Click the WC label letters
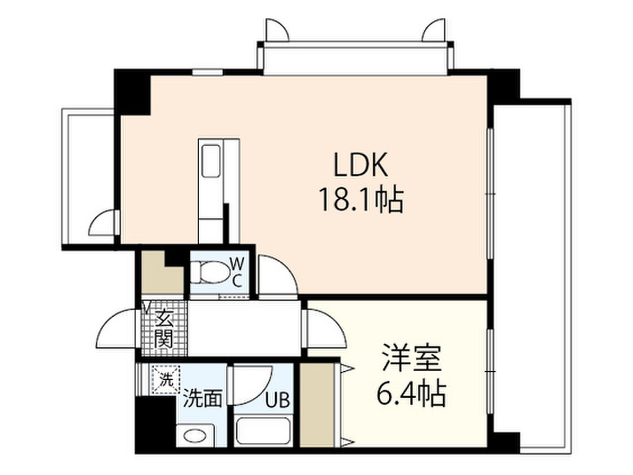pyautogui.click(x=237, y=272)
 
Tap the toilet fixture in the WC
pyautogui.click(x=208, y=271)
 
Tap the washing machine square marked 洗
pyautogui.click(x=166, y=377)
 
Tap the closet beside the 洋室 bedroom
pyautogui.click(x=316, y=405)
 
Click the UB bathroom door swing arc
pyautogui.click(x=253, y=383)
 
